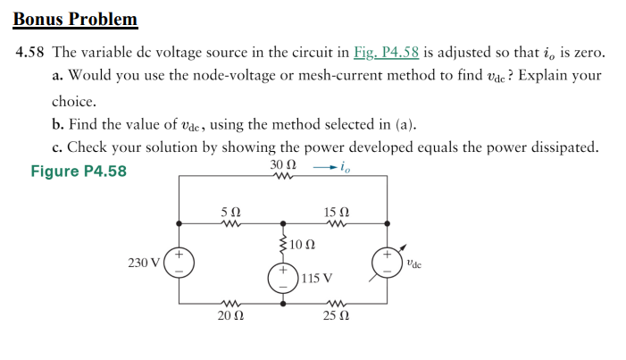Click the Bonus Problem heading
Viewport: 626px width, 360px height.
pyautogui.click(x=77, y=19)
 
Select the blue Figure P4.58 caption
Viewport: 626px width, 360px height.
pyautogui.click(x=79, y=171)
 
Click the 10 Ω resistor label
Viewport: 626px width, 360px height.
pyautogui.click(x=304, y=244)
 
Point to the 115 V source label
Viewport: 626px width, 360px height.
pyautogui.click(x=317, y=278)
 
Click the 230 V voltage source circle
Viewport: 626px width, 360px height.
pyautogui.click(x=179, y=263)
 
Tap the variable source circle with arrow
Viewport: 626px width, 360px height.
pyautogui.click(x=388, y=262)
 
